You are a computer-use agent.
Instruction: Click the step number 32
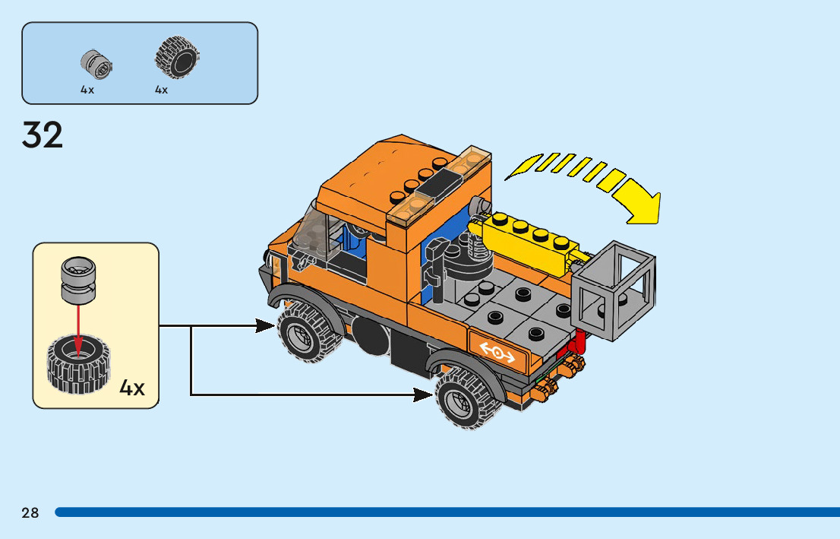point(43,135)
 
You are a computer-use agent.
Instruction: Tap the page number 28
point(30,512)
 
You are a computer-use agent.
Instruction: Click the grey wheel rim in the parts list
point(96,64)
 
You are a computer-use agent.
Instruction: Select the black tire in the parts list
point(177,58)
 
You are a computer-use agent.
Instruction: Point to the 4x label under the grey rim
point(87,90)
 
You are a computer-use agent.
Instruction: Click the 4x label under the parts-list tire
point(162,90)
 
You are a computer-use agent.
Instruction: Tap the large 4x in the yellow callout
point(132,388)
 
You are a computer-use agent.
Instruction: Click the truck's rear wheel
point(464,398)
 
